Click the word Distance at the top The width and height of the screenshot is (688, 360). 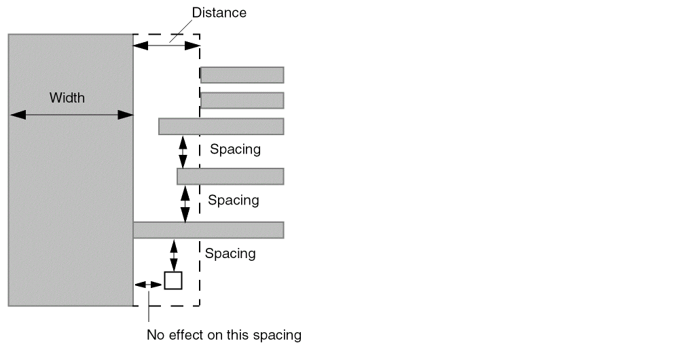coord(219,12)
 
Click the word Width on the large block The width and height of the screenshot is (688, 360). coord(67,98)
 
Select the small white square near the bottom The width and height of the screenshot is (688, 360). coord(173,281)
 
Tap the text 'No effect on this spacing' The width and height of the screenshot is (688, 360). coord(224,335)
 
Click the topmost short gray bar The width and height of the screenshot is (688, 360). coord(242,75)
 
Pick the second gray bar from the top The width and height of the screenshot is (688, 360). coord(242,101)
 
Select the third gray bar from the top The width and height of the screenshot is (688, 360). coord(221,126)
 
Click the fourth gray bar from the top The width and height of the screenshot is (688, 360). coord(230,177)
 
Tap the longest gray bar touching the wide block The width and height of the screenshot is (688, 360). coord(208,230)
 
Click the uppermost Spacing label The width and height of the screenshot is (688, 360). coord(235,149)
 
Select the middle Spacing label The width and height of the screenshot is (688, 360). coord(233,200)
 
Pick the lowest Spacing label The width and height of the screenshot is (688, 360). coord(230,253)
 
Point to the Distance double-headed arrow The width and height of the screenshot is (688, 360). coord(166,46)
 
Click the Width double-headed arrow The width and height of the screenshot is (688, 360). coord(71,115)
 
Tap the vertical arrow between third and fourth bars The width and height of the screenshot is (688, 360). coord(183,151)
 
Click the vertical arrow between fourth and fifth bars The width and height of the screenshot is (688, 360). coord(185,203)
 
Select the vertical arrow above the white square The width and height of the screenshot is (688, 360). coord(174,255)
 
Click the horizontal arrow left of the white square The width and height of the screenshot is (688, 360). coord(148,284)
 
